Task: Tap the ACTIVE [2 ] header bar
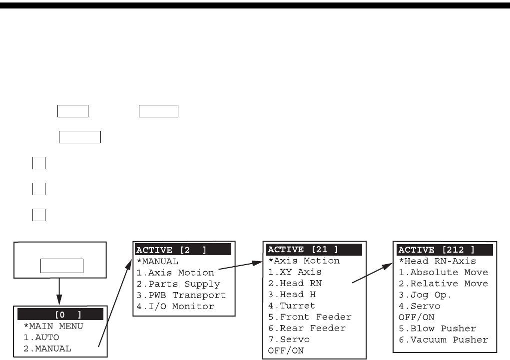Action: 183,250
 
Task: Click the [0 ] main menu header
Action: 60,314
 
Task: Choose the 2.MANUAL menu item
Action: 47,349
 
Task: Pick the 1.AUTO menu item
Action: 41,337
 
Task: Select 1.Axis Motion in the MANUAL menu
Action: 175,273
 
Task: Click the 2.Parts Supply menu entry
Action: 178,284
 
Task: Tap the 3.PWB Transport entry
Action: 181,295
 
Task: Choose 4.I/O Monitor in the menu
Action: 175,306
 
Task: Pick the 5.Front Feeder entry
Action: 310,317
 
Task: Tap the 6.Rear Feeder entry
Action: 307,328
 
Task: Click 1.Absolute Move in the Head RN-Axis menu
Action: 443,272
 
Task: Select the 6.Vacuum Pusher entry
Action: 443,340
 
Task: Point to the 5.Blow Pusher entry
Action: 437,329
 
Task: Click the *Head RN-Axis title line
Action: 437,261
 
